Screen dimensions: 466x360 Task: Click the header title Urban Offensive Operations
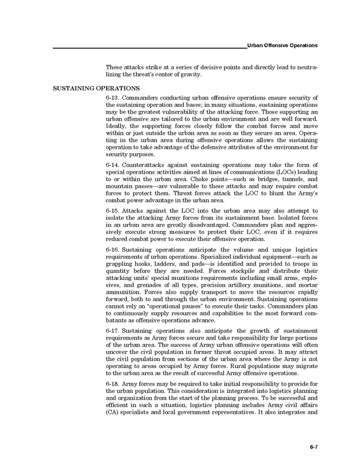(282, 46)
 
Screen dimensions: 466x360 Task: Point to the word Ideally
(116, 126)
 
